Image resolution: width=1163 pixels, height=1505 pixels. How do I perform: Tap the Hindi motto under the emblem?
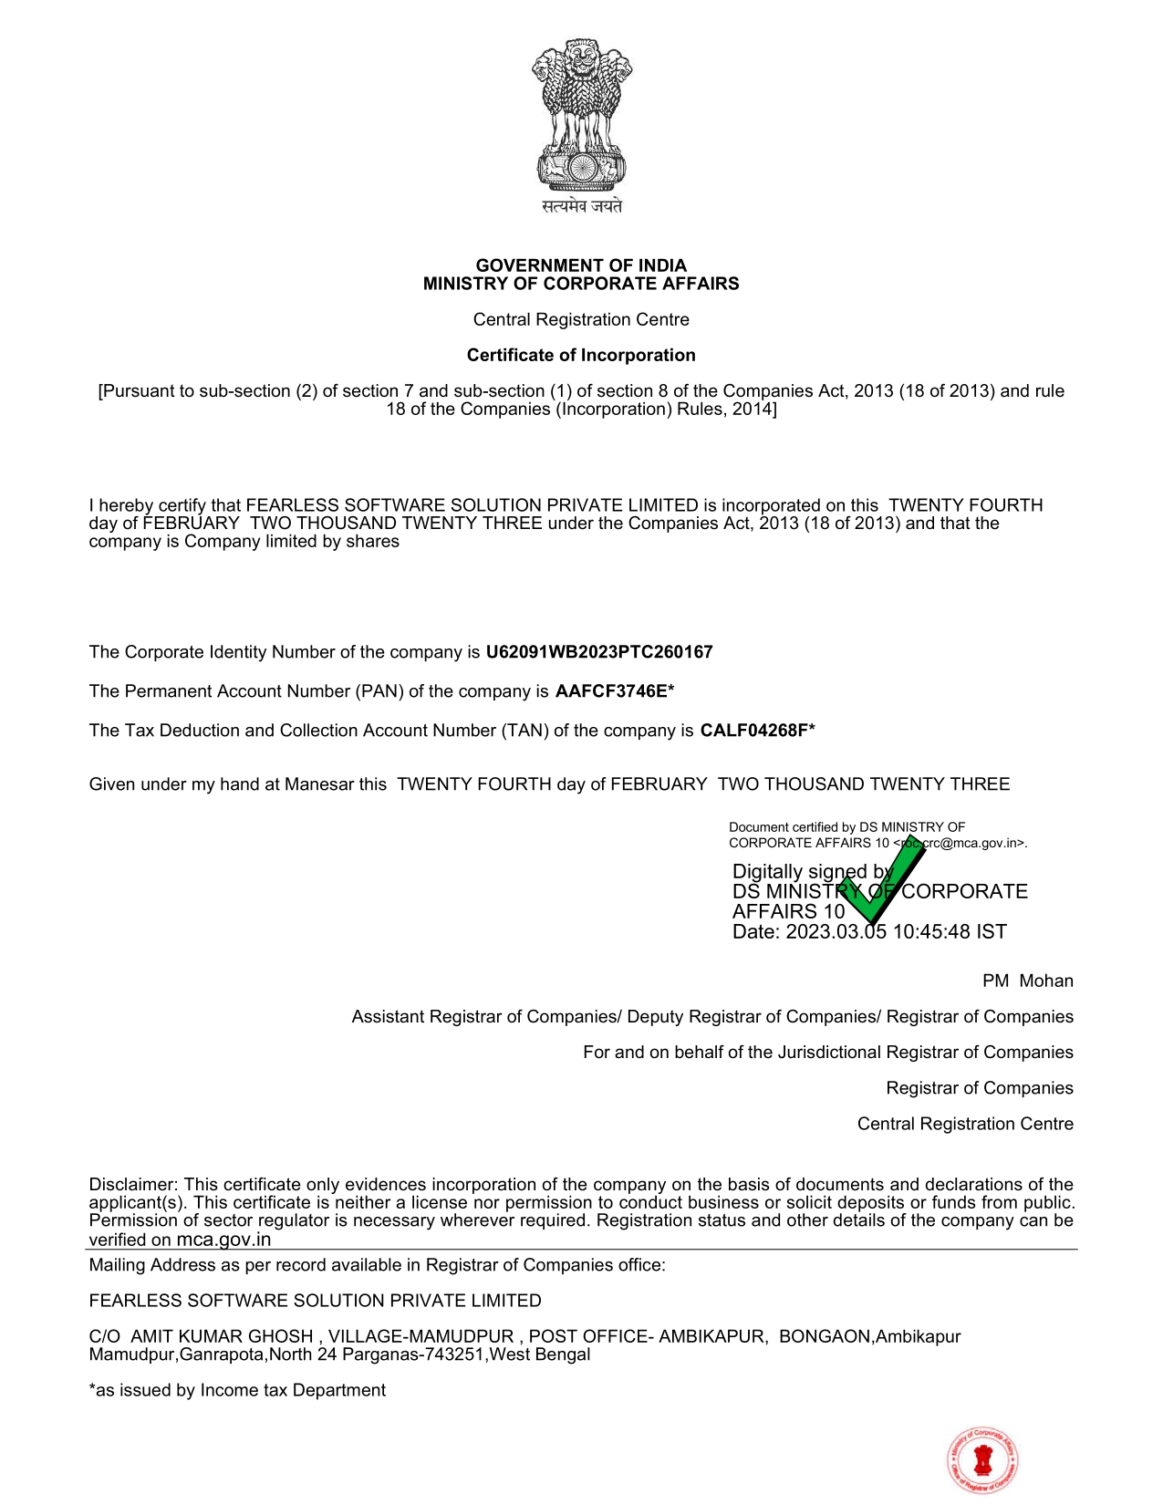point(582,206)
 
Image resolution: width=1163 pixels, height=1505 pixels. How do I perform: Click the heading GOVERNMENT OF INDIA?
point(581,265)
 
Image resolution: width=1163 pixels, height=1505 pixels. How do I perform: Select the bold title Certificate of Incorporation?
point(581,355)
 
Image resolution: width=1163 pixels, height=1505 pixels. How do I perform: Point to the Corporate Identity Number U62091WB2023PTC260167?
point(599,652)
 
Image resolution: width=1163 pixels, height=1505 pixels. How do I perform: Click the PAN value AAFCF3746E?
point(612,691)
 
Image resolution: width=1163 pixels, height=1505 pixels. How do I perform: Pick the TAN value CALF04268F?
point(754,731)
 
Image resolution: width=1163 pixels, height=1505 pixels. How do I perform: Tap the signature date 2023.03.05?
point(836,932)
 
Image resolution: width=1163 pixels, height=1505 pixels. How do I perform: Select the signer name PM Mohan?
point(1027,981)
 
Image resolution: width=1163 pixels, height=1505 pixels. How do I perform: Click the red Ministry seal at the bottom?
point(982,1460)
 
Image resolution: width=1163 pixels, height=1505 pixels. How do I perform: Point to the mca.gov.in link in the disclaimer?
point(223,1240)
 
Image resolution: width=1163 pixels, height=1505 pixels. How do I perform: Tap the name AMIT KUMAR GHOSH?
point(222,1336)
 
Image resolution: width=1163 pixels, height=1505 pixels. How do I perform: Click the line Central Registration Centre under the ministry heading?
point(581,319)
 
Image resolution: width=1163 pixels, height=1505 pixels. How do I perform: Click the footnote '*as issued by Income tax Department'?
point(237,1390)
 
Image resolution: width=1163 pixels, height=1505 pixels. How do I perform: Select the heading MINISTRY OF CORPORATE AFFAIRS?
point(581,284)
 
